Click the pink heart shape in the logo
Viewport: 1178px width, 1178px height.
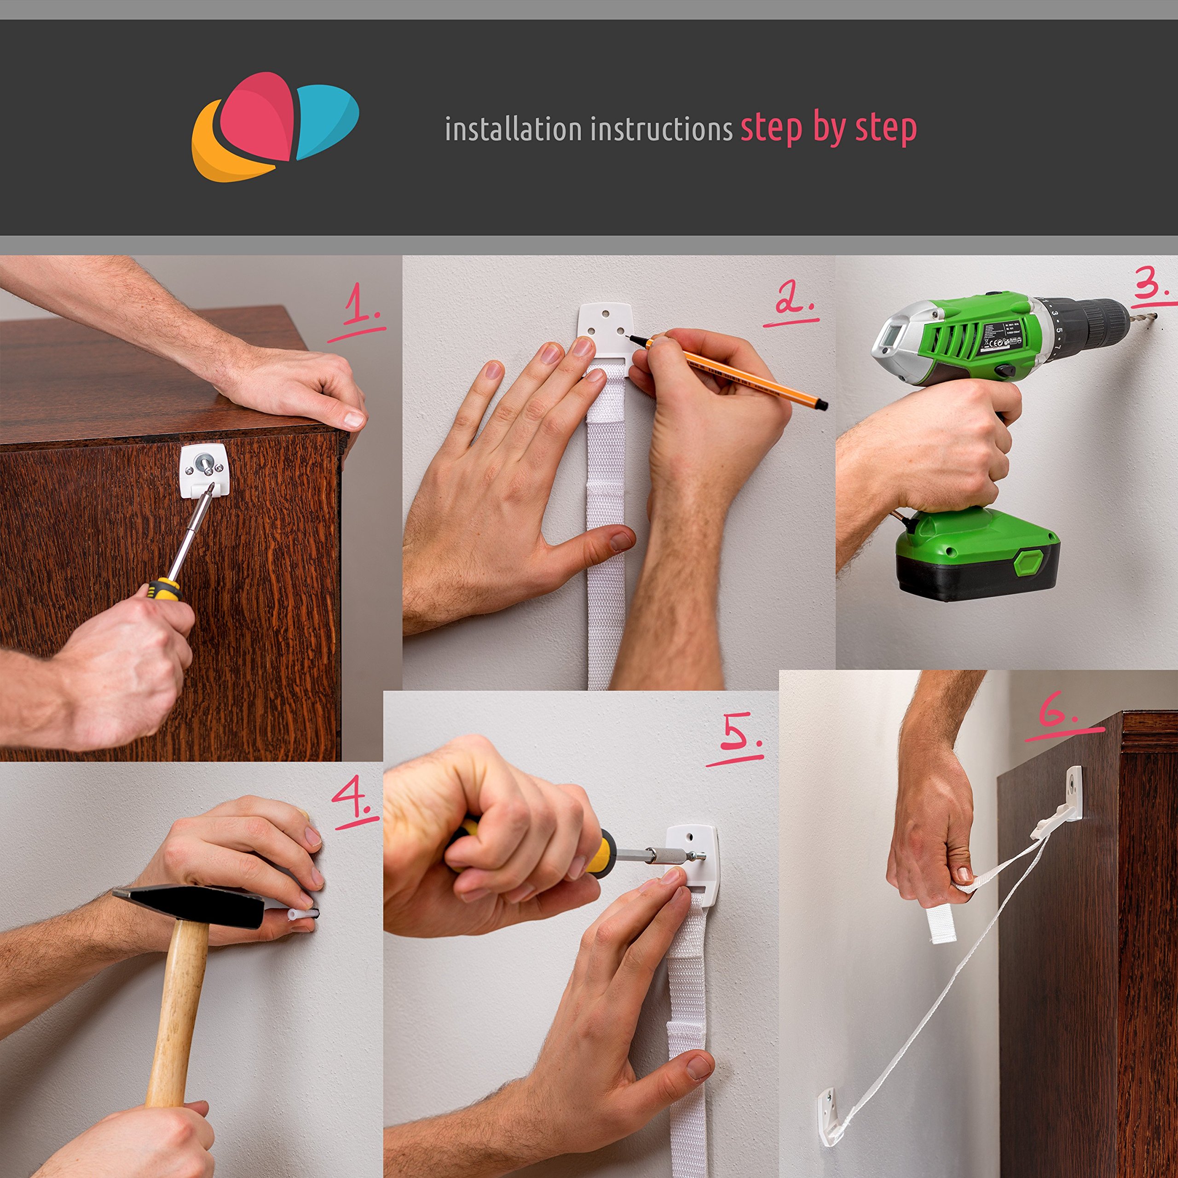coord(256,116)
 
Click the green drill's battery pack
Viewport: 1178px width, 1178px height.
coord(976,558)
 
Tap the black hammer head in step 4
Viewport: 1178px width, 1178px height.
coord(189,907)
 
